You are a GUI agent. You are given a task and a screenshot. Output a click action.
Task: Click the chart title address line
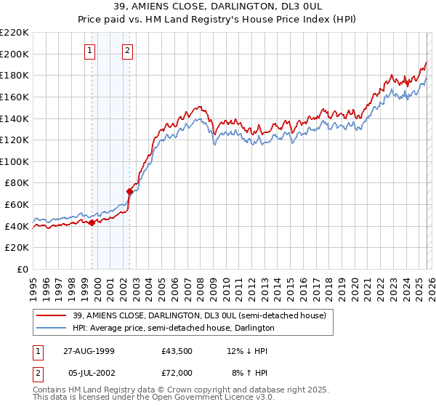point(217,6)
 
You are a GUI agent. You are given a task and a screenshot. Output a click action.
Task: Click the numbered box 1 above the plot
point(89,50)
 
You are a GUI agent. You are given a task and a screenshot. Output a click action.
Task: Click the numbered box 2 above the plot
point(127,50)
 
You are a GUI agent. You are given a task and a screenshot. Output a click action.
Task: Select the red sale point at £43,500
point(92,223)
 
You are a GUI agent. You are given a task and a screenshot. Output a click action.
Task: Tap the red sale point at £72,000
point(129,192)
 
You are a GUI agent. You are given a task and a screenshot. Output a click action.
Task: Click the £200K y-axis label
point(15,54)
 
